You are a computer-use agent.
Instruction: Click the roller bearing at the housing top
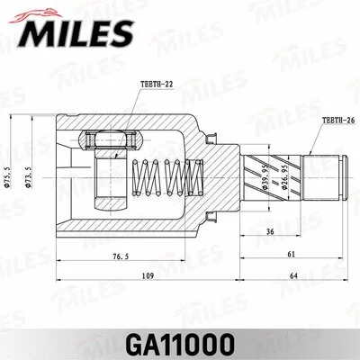tap(112, 140)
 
